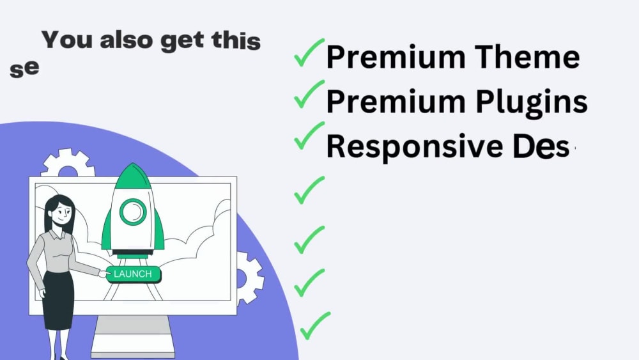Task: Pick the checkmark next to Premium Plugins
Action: [309, 97]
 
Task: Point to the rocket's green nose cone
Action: [133, 176]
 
